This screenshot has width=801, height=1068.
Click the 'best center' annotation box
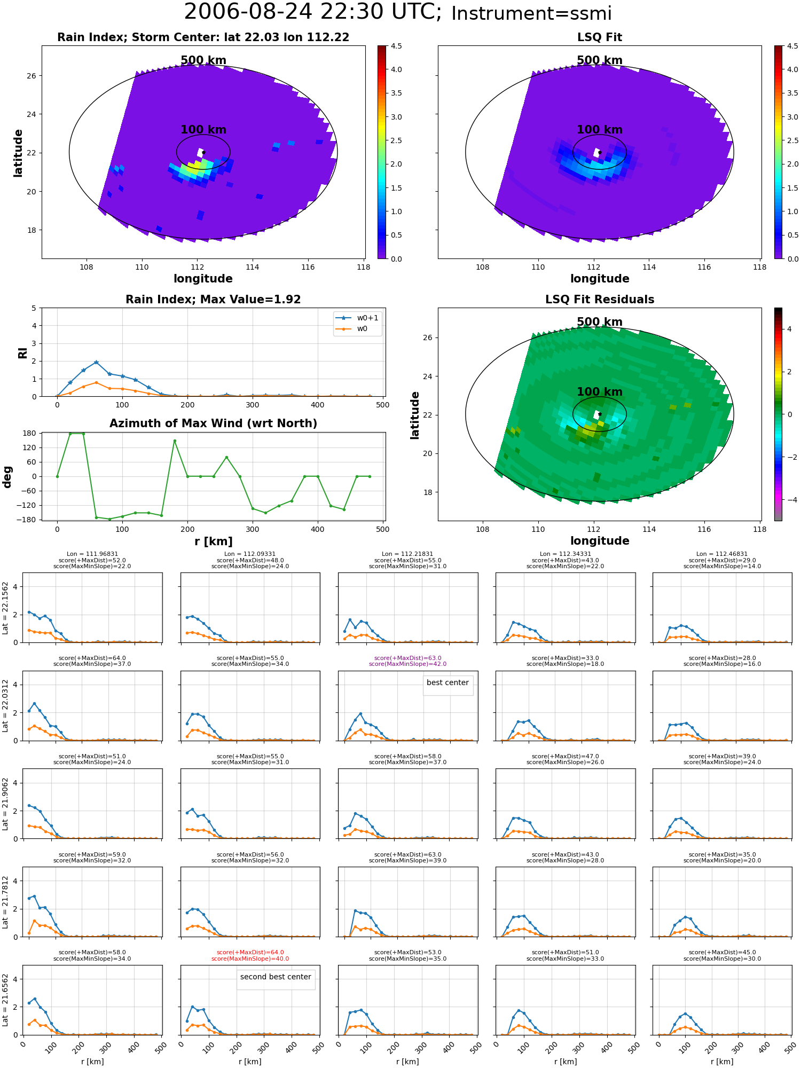(447, 683)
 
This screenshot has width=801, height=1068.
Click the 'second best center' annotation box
(276, 977)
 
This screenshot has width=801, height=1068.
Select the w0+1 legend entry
(358, 318)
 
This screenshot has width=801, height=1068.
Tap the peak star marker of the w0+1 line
(96, 363)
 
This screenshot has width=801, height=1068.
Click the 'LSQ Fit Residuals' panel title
(600, 300)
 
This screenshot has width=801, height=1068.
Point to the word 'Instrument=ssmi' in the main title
(531, 13)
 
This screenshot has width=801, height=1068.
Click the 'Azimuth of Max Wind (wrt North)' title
(213, 423)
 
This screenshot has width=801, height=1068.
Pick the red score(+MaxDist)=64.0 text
(250, 952)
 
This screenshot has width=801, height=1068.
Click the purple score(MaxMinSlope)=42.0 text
(407, 664)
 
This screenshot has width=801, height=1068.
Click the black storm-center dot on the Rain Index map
(203, 152)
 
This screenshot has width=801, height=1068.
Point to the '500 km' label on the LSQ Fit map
(600, 60)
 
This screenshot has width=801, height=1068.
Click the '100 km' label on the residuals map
(600, 392)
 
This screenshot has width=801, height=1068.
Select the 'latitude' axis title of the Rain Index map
(18, 153)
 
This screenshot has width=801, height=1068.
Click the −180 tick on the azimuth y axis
(27, 520)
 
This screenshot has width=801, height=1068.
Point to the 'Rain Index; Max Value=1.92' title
(213, 300)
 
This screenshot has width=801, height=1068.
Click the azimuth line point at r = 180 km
(174, 441)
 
